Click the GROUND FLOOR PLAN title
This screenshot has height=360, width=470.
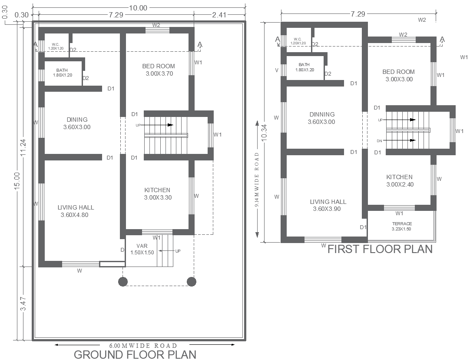(135, 354)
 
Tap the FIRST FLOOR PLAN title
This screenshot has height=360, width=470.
(380, 249)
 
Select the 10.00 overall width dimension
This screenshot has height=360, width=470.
(138, 7)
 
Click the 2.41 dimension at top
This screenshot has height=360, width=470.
(219, 15)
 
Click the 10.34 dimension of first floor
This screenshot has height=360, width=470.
(264, 130)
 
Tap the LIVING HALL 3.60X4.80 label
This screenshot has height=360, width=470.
(76, 211)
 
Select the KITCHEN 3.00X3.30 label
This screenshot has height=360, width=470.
(157, 194)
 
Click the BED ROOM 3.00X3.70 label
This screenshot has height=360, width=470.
(159, 70)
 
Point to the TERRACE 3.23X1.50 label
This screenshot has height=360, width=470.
(401, 226)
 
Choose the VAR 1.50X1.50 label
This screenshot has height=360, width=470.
(142, 249)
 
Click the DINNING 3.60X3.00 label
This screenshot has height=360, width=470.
(321, 118)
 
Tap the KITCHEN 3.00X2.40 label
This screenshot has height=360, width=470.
(399, 180)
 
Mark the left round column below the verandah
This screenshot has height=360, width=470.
(123, 282)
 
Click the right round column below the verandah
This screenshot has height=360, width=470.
(191, 282)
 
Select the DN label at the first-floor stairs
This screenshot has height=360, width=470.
(379, 140)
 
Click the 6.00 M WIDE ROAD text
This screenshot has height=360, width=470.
(143, 345)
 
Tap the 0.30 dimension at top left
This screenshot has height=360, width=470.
(21, 15)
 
